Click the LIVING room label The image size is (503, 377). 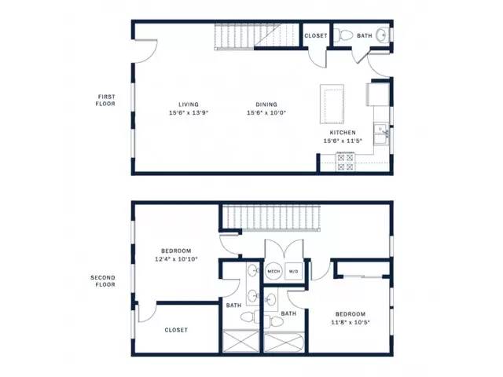coord(189,104)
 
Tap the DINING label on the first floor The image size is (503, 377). coord(266,104)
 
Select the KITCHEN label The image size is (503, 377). coord(343,133)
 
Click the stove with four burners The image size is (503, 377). coord(345,162)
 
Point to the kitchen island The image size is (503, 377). coord(332,104)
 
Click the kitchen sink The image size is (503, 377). coord(381,134)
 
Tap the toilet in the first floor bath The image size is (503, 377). coord(343,35)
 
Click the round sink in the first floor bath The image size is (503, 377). coord(382,34)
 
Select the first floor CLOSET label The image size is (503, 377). coord(316,36)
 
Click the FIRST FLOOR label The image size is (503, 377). coord(105,100)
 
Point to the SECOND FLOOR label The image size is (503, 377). coord(103,281)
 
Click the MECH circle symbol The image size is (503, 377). coord(274,271)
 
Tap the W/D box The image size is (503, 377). coord(293,271)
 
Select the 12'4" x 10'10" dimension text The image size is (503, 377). coord(176,259)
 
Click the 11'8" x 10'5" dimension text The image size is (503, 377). coord(351,322)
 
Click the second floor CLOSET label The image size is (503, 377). coord(176,330)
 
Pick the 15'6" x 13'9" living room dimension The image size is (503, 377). coord(189,112)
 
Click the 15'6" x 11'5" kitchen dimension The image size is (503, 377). coord(343,141)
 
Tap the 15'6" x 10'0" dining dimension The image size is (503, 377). coord(266,112)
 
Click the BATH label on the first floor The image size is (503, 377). coord(365,36)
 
